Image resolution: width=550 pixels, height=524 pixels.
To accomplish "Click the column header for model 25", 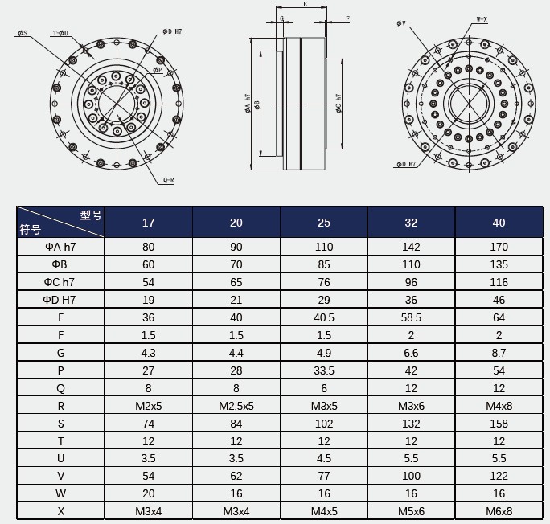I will coord(323,223).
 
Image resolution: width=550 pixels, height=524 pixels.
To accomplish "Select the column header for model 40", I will coord(499,223).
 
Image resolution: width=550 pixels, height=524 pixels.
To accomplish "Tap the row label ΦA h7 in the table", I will coord(60,247).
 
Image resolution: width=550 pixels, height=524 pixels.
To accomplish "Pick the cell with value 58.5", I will coord(411,317).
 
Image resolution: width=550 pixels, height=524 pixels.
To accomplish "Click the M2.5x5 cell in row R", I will coord(236,405).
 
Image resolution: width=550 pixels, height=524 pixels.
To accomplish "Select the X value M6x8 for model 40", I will coord(499,511).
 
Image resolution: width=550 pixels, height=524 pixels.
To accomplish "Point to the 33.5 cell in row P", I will coord(323,370).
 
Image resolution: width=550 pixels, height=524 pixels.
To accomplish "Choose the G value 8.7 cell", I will coord(499,352).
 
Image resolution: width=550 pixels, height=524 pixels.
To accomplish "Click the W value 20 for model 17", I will coord(149,493).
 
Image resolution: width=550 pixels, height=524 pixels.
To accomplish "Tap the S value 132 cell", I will coord(411,423).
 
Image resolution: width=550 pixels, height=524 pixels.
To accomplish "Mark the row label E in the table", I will coord(60,317).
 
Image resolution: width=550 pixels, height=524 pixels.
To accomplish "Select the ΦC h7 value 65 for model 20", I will coord(236,281).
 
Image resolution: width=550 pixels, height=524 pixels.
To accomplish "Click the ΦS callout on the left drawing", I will coord(22,33).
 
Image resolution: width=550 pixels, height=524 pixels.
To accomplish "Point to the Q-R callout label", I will coord(168,180).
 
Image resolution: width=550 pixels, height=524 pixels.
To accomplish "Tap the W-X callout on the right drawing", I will coord(482,18).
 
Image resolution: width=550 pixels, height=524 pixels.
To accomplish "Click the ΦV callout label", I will coord(400,23).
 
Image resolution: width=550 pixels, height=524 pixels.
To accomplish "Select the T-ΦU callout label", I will coord(60,33).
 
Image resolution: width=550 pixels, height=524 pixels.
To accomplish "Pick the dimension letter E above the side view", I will coord(304,5).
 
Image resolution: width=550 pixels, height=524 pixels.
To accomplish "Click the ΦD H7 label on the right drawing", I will coord(406,164).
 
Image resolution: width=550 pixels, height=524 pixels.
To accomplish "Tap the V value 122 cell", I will coord(499,476).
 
